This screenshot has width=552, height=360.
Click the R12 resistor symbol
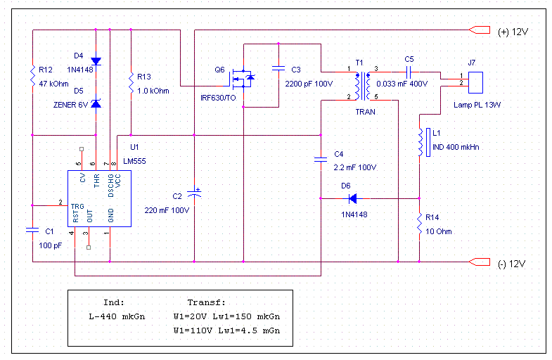coord(32,77)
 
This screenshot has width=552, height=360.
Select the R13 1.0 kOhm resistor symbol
coord(131,84)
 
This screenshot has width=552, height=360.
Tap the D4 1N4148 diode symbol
coord(96,60)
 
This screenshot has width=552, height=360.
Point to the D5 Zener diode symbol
coord(96,104)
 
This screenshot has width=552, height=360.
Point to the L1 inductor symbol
coord(420,143)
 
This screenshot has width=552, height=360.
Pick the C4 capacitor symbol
coord(321,160)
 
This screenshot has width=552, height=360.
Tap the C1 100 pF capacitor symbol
coord(32,230)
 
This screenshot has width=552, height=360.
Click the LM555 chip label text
coord(134,162)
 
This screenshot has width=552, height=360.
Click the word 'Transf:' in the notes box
coord(204,301)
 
